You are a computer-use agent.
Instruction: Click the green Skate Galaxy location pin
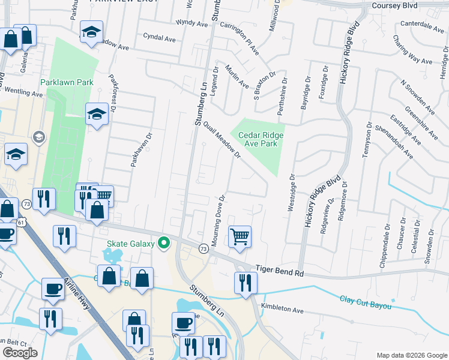163,244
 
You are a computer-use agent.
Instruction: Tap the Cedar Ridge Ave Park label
261,139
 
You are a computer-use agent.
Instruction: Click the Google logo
20,352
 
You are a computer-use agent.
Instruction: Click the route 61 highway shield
21,223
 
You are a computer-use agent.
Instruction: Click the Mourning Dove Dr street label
217,217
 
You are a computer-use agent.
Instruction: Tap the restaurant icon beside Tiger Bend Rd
245,282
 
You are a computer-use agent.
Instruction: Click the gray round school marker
39,137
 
